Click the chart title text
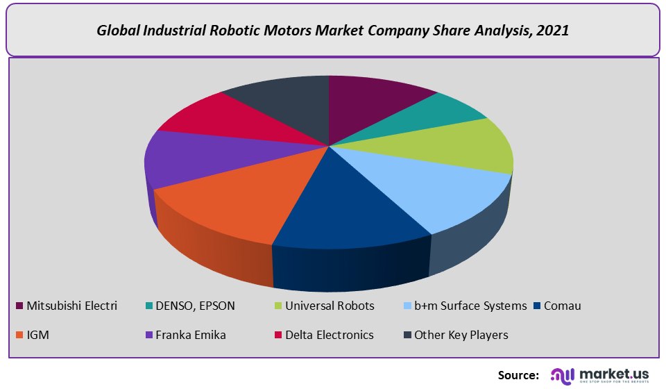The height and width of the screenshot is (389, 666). tap(333, 31)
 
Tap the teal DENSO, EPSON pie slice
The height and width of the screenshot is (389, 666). tap(437, 111)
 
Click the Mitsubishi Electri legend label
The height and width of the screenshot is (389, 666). tap(71, 306)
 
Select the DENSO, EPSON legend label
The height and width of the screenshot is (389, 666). tap(196, 306)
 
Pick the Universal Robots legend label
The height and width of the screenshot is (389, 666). tap(330, 306)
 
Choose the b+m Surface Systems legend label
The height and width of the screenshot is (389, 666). tap(470, 306)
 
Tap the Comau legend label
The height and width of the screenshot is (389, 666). tap(563, 306)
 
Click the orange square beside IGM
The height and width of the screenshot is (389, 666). tap(19, 336)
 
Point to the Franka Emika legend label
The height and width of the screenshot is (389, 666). tap(191, 335)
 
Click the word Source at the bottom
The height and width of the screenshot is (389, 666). tap(518, 375)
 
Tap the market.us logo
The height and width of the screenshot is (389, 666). tap(600, 375)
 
